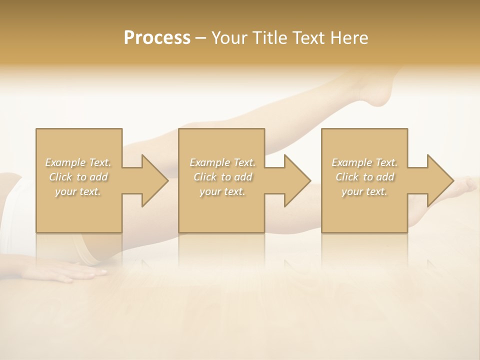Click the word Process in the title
157,38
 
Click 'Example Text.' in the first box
78,162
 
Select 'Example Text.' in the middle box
222,162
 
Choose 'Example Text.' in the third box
364,162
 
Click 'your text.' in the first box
78,191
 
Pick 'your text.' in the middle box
222,191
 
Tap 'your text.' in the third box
364,191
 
